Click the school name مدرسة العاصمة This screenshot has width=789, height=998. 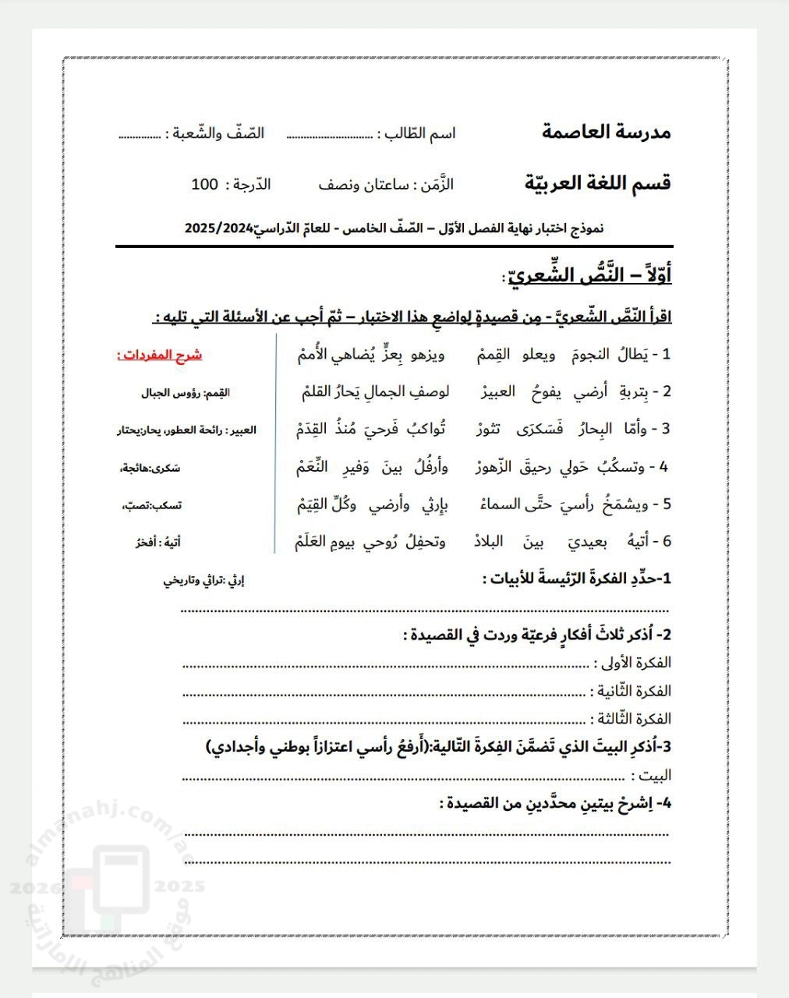606,132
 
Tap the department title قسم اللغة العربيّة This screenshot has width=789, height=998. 597,183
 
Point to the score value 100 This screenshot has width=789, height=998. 205,185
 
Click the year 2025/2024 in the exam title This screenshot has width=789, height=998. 219,228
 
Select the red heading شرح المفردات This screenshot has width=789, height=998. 160,356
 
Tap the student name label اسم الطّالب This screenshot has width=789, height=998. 422,133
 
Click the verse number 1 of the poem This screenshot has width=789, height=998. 665,355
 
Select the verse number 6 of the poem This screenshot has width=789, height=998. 664,541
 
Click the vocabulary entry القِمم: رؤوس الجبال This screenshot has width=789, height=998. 185,393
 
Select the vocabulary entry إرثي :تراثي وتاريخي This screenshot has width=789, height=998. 203,579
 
